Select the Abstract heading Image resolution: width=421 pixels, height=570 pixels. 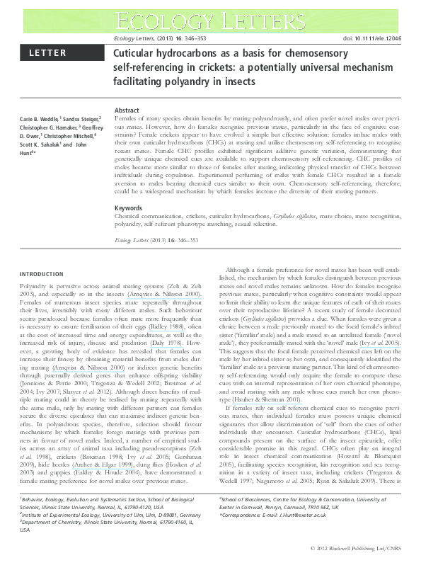tap(127, 111)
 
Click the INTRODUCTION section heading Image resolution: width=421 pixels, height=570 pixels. tap(42, 274)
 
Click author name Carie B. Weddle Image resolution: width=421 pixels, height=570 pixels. tap(38, 119)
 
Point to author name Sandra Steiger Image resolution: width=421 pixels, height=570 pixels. tap(81, 119)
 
